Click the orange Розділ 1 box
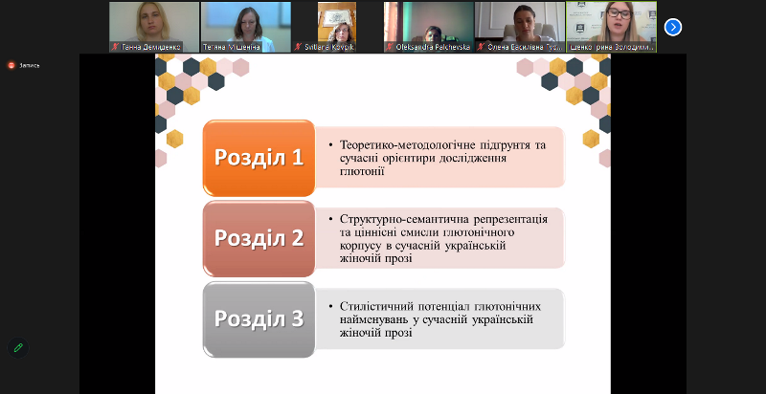259,158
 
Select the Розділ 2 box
259,238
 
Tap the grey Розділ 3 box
259,318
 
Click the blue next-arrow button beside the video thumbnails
673,27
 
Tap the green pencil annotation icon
17,347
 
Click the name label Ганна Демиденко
152,46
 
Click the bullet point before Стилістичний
329,307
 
